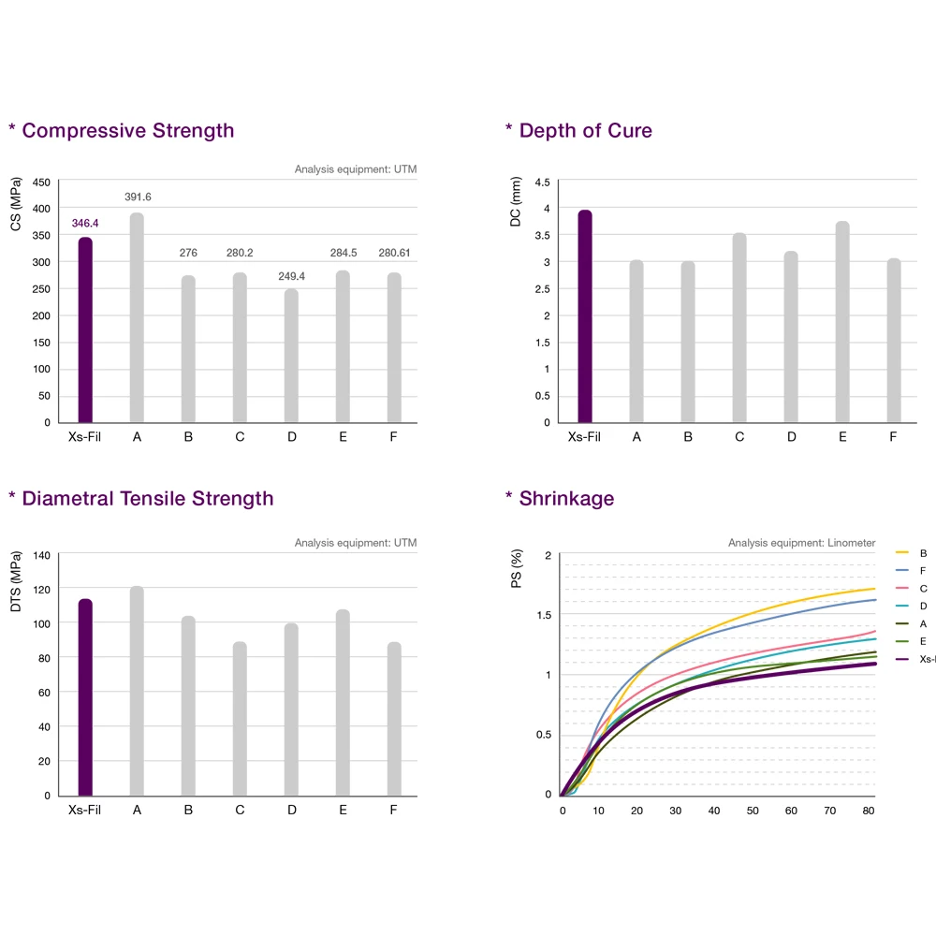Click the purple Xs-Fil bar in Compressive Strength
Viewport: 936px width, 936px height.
pyautogui.click(x=85, y=329)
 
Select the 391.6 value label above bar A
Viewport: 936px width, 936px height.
pyautogui.click(x=138, y=197)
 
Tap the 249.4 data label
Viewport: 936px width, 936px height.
pyautogui.click(x=292, y=276)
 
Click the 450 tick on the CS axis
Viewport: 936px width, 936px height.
pyautogui.click(x=42, y=183)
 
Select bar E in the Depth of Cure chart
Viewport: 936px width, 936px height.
pyautogui.click(x=842, y=321)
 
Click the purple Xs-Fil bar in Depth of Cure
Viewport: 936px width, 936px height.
pyautogui.click(x=585, y=315)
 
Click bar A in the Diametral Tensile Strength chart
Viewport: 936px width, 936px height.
pyautogui.click(x=137, y=691)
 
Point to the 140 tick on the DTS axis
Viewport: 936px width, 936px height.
pyautogui.click(x=42, y=555)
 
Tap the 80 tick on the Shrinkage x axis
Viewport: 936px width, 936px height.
pyautogui.click(x=870, y=812)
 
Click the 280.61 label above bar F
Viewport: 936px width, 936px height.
pyautogui.click(x=395, y=253)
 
